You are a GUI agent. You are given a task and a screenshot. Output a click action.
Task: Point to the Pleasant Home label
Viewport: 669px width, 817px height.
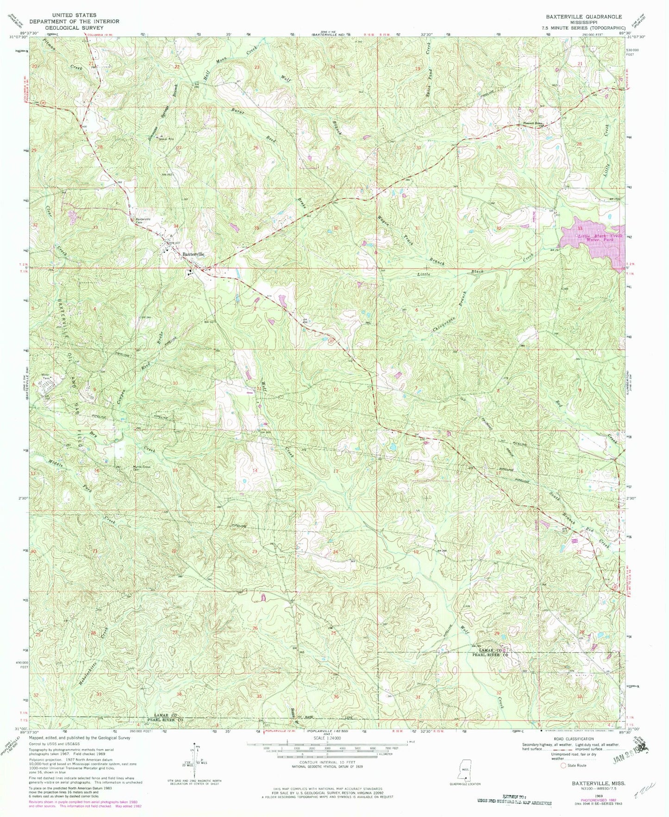pos(533,123)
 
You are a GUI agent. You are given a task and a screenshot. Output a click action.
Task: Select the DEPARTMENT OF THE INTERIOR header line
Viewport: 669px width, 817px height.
pos(75,21)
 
